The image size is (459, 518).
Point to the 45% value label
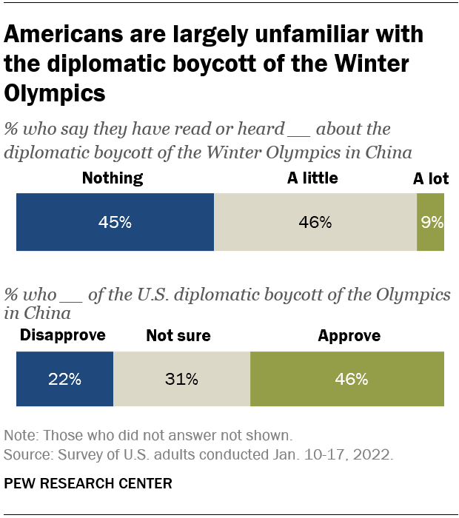(x=115, y=222)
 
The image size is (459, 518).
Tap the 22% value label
(x=64, y=379)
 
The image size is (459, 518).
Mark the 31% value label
(x=181, y=379)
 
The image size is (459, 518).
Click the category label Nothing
(x=113, y=178)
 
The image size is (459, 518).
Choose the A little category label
(x=312, y=178)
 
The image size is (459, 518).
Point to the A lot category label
(x=430, y=178)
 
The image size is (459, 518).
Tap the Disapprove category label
(x=62, y=335)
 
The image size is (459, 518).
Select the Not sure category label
(x=178, y=336)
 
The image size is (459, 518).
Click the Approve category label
(x=349, y=336)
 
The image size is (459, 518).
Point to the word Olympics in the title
(x=55, y=94)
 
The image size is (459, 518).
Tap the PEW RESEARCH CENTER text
(x=88, y=484)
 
